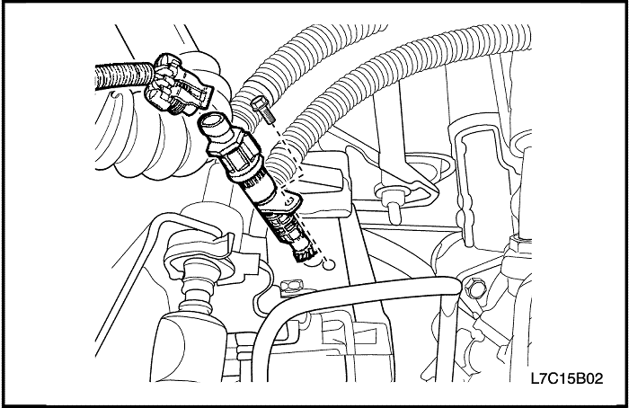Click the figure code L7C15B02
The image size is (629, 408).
click(x=566, y=378)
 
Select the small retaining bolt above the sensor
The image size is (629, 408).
click(x=263, y=109)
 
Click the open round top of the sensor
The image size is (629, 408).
click(x=211, y=121)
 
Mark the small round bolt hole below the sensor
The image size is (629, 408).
click(x=329, y=264)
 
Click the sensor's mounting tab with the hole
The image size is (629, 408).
click(x=289, y=201)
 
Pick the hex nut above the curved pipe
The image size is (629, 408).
click(x=291, y=288)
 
